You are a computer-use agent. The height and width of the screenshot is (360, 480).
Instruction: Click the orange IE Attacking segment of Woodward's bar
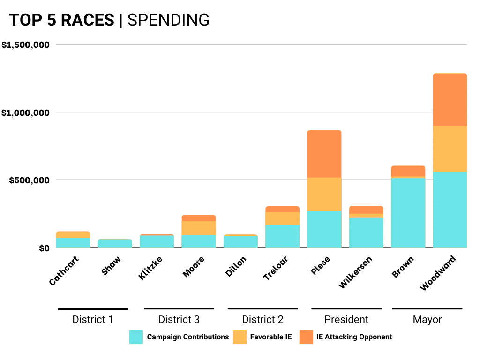click(x=450, y=99)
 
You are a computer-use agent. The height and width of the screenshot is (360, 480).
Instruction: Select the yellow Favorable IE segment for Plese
click(x=324, y=194)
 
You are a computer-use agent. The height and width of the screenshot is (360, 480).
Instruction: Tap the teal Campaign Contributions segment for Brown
click(x=408, y=212)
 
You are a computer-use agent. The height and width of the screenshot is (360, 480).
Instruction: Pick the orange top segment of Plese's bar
click(x=324, y=154)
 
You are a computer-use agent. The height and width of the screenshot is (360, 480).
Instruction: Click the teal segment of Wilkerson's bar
click(x=366, y=232)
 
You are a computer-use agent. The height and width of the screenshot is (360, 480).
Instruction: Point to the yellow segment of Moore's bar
click(x=199, y=228)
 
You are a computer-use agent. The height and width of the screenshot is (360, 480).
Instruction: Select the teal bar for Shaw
click(x=115, y=243)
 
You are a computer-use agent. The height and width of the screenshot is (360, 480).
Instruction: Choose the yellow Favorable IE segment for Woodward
click(x=450, y=149)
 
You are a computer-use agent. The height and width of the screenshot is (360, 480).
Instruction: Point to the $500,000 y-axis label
click(x=31, y=180)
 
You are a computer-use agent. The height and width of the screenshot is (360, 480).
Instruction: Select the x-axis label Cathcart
click(x=64, y=270)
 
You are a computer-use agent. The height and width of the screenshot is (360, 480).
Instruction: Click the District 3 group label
click(x=179, y=320)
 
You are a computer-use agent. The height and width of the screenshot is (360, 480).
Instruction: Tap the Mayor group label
click(x=427, y=320)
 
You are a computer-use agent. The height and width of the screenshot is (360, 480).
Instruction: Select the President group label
click(x=346, y=320)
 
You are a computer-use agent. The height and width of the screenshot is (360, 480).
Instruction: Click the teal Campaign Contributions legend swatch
click(x=136, y=337)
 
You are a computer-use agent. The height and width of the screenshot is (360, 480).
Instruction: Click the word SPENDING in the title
click(x=168, y=20)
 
